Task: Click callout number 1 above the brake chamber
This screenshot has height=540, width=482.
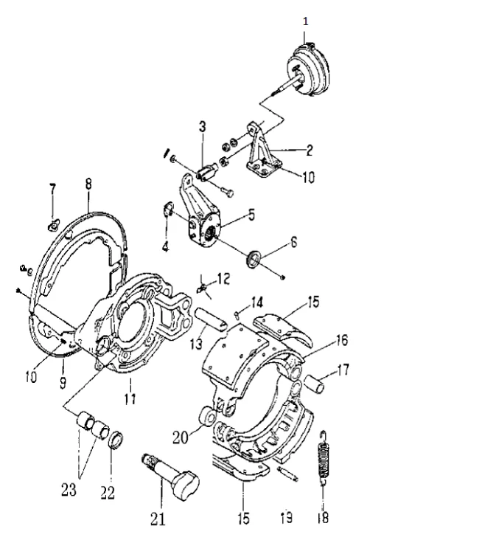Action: [306, 21]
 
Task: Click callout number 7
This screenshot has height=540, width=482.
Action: [53, 190]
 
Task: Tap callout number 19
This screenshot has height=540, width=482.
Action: [285, 517]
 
